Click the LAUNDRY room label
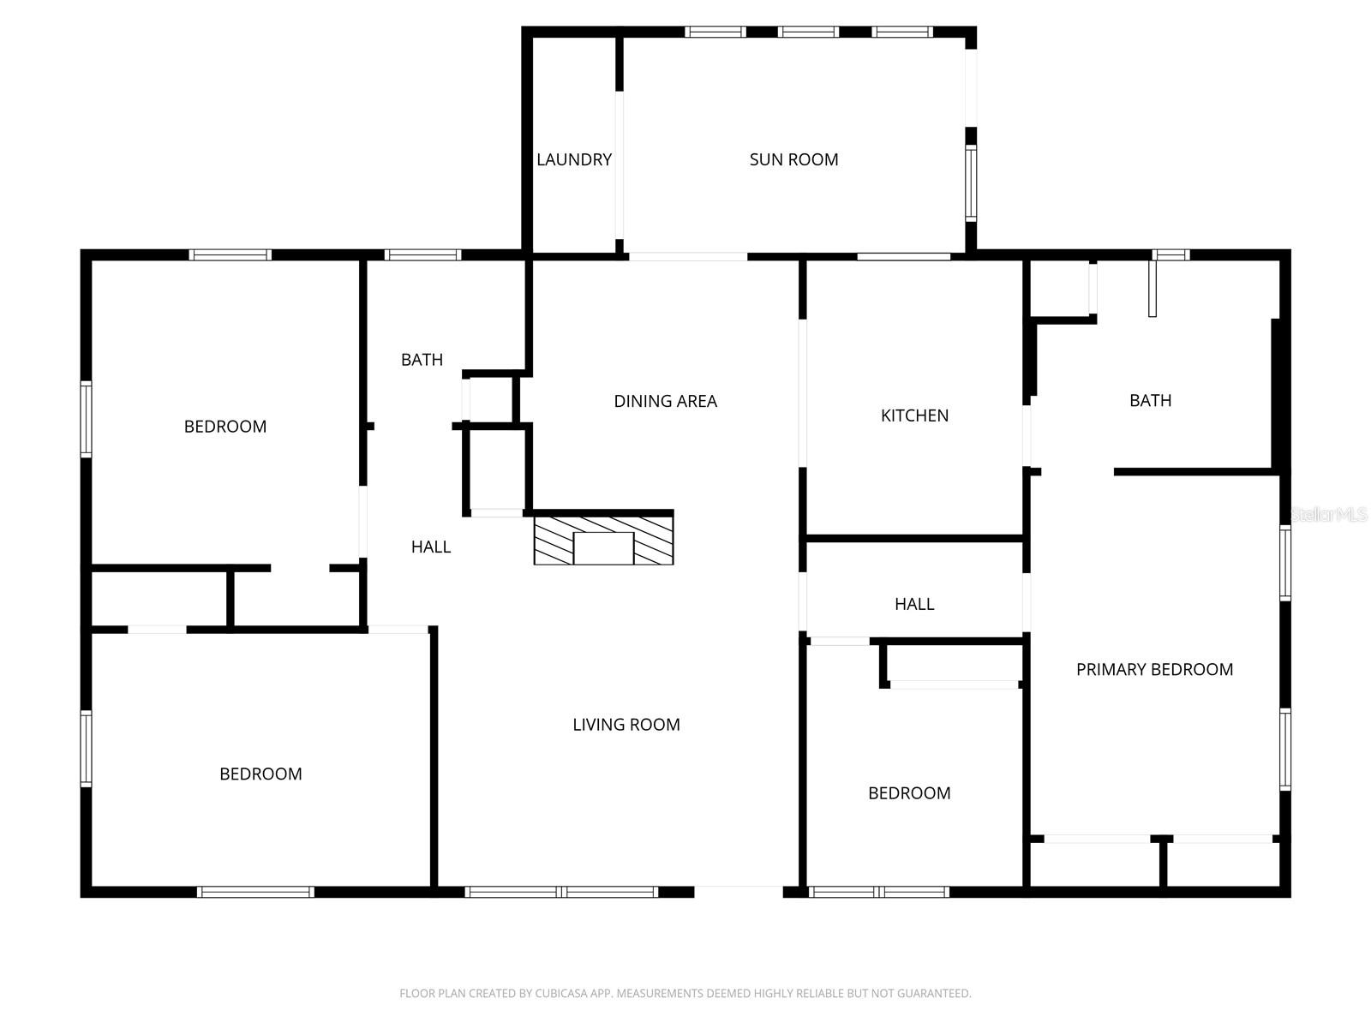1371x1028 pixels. pos(574,159)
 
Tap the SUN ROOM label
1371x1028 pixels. pos(793,159)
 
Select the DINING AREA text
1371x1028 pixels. pos(665,401)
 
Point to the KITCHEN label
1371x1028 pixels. pos(914,415)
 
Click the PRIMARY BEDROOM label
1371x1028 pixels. pos(1154,670)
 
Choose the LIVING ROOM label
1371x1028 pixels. pos(626,725)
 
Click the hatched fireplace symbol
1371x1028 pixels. pos(603,539)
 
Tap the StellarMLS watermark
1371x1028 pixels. pos(1329,515)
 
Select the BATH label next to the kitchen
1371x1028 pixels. pos(1150,400)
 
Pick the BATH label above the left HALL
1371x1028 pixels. pos(422,360)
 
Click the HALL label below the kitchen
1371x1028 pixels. pos(914,604)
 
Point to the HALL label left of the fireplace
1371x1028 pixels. pos(430,547)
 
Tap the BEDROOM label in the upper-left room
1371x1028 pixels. pos(225,427)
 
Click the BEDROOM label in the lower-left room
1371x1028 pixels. pos(260,774)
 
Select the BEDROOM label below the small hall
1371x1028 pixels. pos(909,793)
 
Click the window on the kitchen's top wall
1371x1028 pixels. pos(903,256)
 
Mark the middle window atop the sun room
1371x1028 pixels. pos(808,33)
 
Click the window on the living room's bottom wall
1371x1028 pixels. pos(561,892)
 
